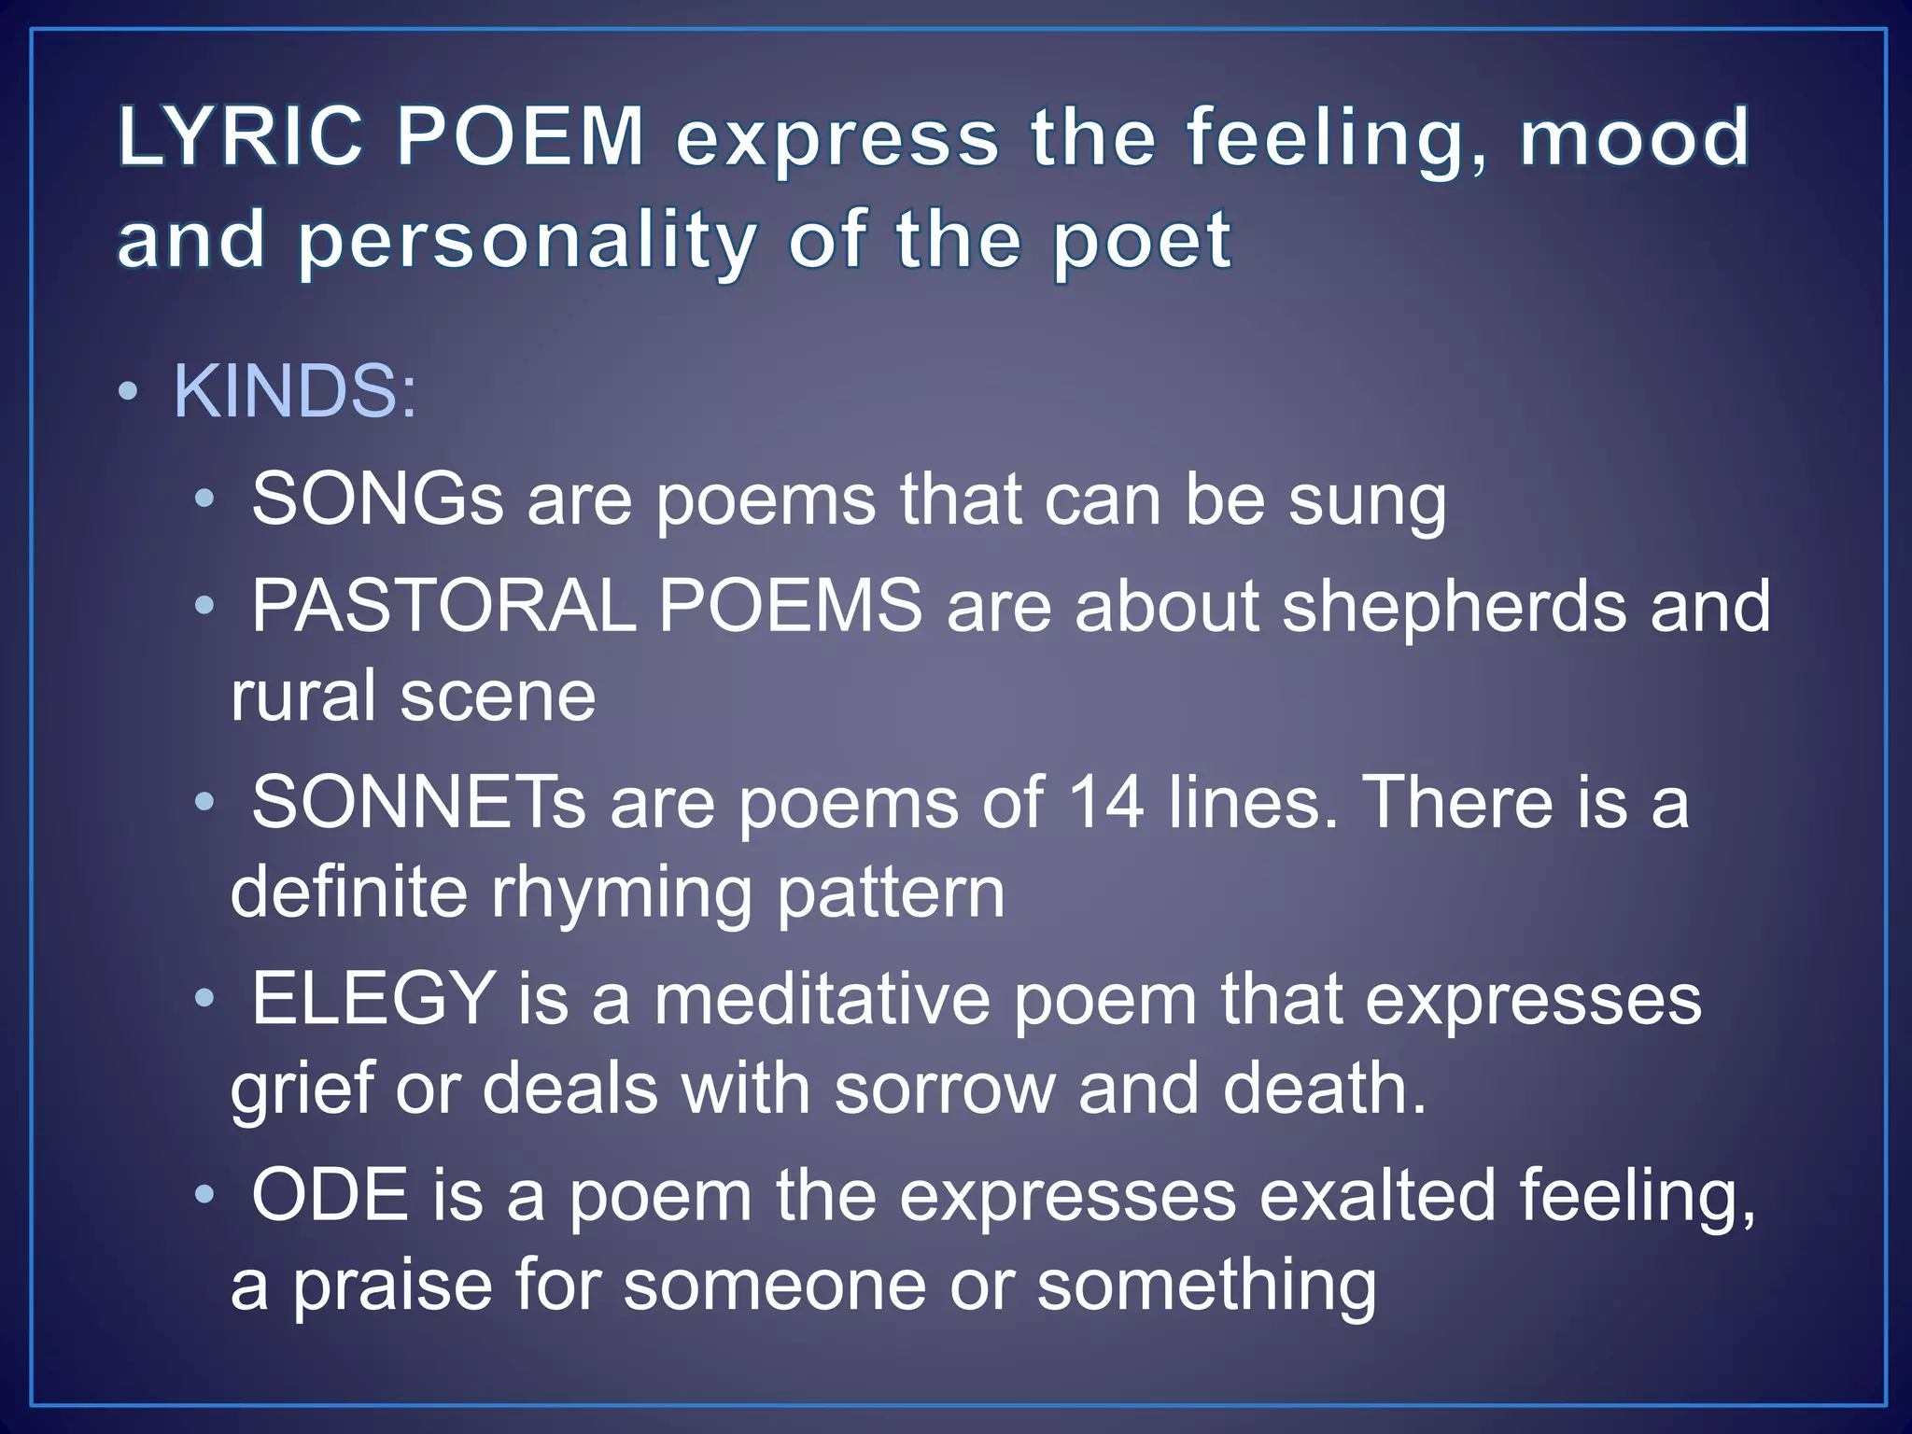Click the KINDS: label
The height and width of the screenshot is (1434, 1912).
click(x=295, y=391)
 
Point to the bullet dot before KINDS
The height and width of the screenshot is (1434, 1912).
click(x=130, y=392)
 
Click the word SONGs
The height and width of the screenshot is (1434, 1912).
click(x=377, y=499)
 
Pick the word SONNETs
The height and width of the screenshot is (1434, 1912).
click(x=418, y=802)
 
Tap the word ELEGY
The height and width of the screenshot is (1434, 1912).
click(x=373, y=998)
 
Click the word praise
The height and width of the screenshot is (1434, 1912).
click(x=393, y=1286)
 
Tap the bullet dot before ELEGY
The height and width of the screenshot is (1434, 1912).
click(x=204, y=999)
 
